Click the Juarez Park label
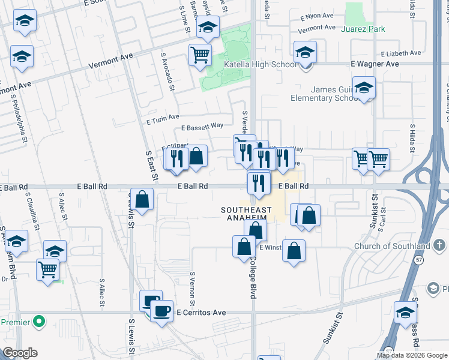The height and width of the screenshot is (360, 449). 363,29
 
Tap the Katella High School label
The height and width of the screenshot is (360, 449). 259,64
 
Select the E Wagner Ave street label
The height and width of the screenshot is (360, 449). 375,64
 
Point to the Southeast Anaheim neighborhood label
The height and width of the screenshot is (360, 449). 243,214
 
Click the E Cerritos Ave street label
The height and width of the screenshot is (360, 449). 201,313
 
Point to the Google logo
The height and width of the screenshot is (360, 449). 20,353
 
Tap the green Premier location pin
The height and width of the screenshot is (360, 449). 40,322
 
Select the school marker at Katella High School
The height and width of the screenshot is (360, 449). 305,52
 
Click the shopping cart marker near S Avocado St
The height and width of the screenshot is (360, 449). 200,55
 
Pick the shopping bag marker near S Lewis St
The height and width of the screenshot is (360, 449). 142,200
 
